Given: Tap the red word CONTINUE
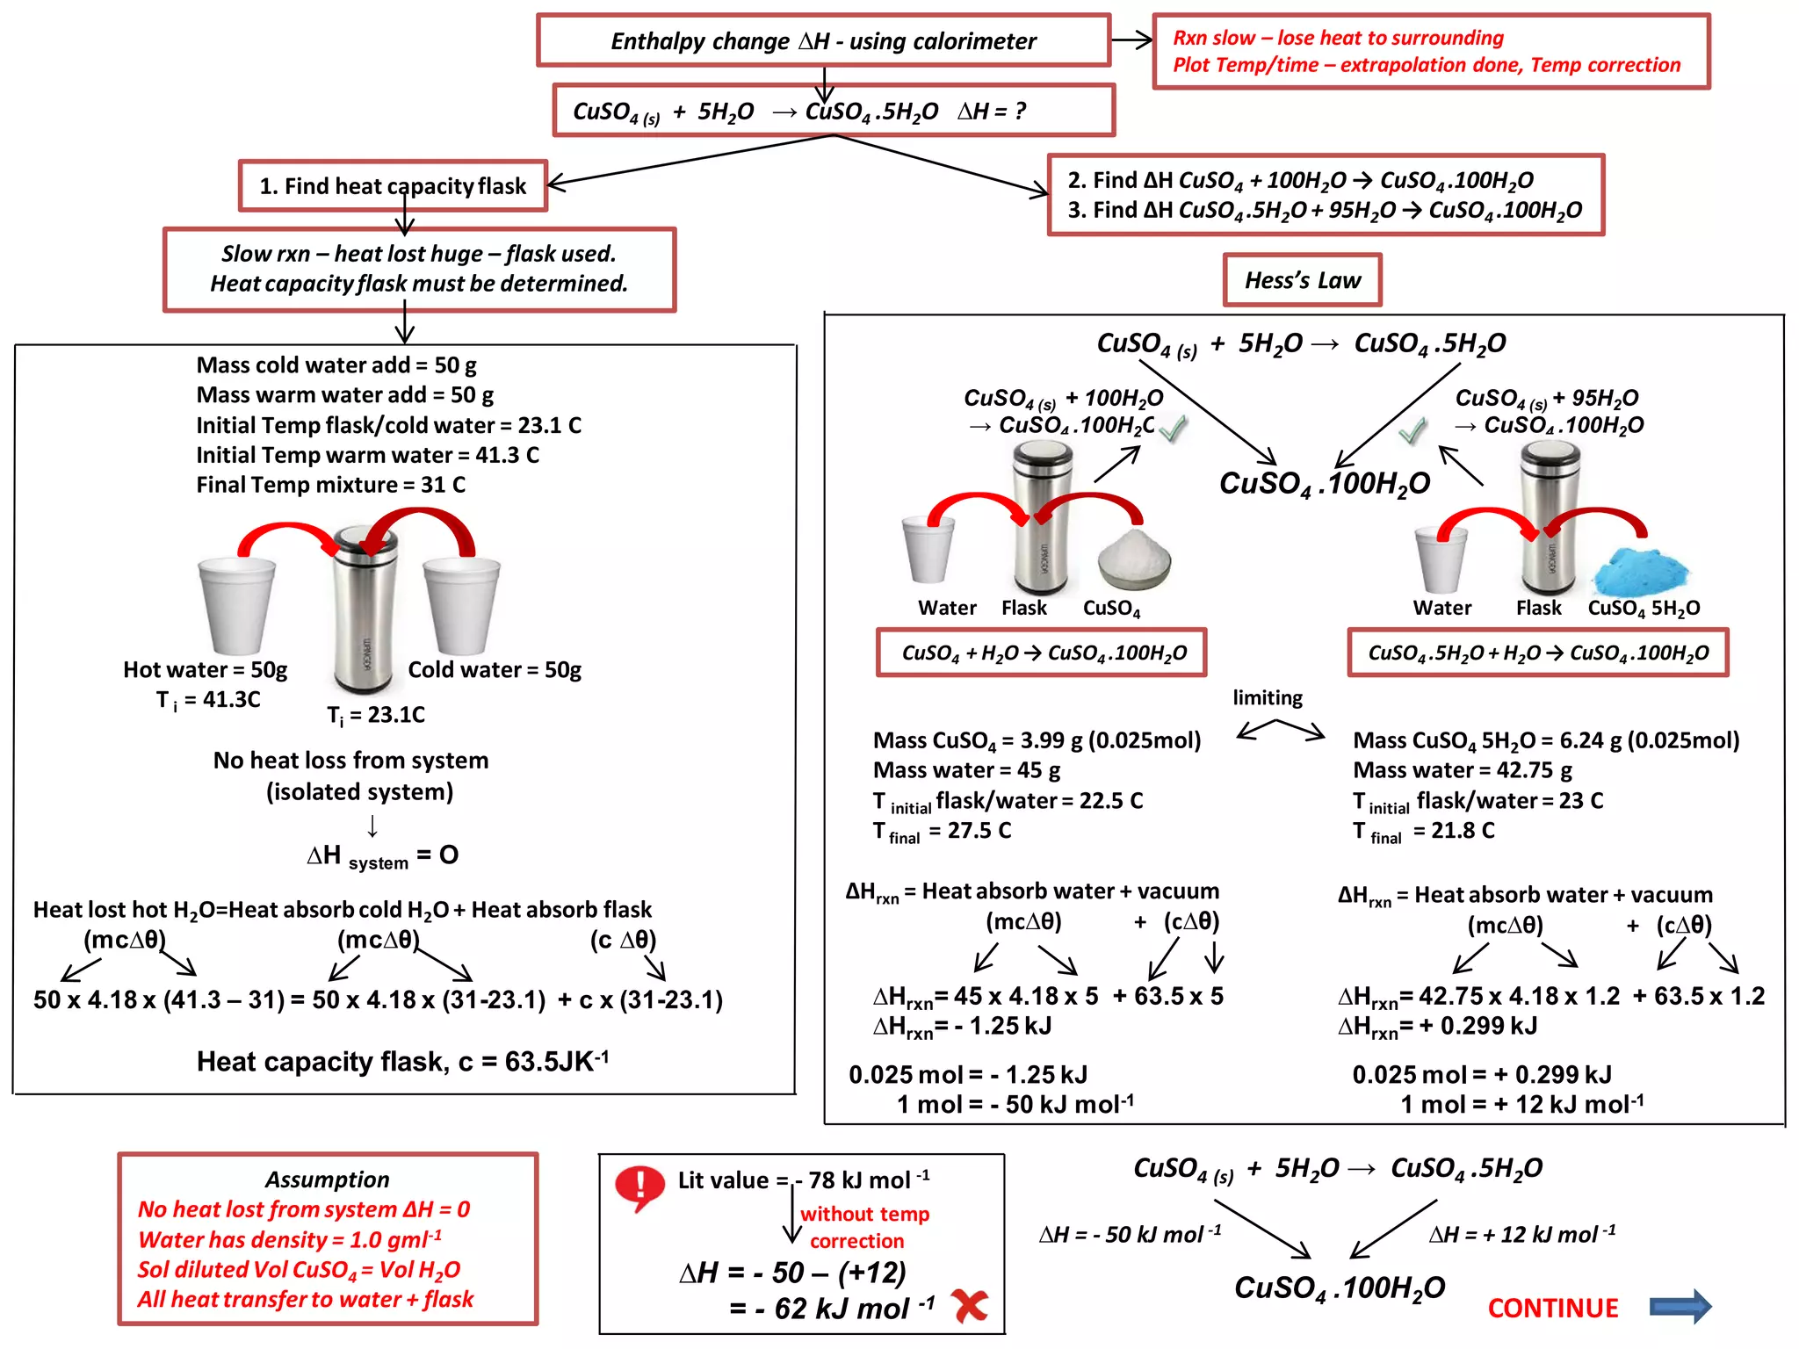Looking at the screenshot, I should click(1552, 1308).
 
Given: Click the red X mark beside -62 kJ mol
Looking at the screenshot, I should click(970, 1306).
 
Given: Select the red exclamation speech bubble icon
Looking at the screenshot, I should click(640, 1188).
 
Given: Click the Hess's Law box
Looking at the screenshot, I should click(1302, 280).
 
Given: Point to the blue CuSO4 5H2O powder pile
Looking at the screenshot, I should click(1640, 574).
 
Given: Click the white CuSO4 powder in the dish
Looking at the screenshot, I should click(1134, 559).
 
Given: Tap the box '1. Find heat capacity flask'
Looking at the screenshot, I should click(393, 185).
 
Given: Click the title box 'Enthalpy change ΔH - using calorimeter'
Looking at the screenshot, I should click(823, 40).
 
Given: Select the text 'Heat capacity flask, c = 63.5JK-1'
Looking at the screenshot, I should click(402, 1061).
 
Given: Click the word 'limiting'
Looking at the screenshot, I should click(1267, 697).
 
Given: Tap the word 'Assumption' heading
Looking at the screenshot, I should click(327, 1179).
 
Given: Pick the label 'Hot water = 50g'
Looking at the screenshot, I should click(205, 669).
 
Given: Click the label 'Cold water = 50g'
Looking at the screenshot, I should click(495, 669).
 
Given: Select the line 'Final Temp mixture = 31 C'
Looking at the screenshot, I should click(330, 485).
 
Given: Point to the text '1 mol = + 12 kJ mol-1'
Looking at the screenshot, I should click(1521, 1104).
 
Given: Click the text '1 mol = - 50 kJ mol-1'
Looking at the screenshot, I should click(1015, 1104).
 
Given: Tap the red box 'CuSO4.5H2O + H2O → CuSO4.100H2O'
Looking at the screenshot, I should click(1537, 653).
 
